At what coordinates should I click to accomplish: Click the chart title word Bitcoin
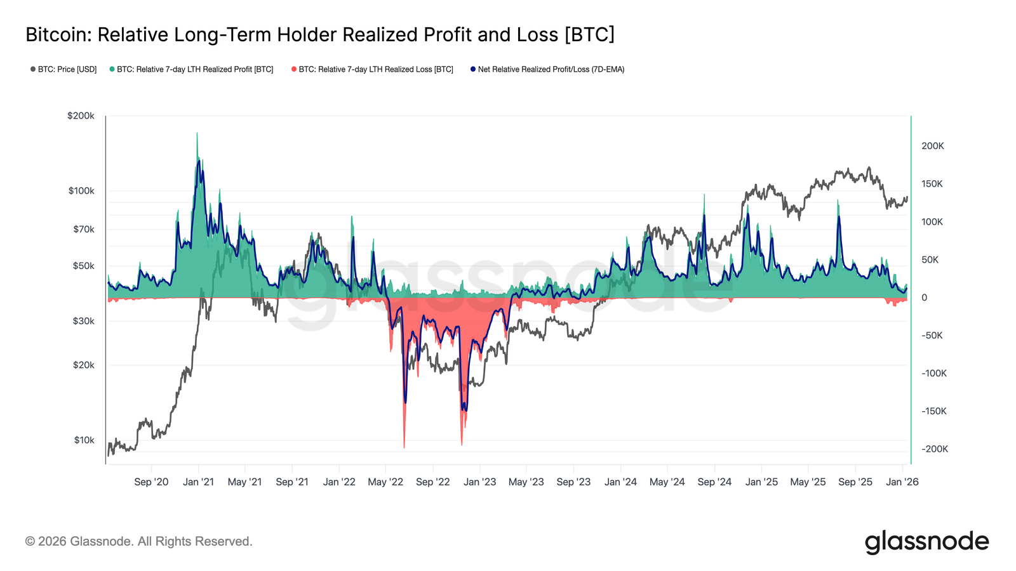58,34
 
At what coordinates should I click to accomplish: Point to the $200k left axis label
81,116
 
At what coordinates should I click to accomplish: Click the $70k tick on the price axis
83,229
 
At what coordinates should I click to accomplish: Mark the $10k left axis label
84,440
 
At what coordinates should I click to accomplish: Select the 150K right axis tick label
932,184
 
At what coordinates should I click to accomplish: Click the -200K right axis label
934,449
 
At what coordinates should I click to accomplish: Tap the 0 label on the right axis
924,298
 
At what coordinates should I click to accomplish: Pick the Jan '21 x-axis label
198,482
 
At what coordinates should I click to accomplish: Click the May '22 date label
385,482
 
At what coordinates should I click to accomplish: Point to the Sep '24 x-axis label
714,482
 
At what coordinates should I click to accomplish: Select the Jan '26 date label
902,482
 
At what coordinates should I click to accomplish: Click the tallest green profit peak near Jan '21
197,135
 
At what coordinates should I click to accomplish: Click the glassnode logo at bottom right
926,542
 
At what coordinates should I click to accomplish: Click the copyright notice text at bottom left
138,542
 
